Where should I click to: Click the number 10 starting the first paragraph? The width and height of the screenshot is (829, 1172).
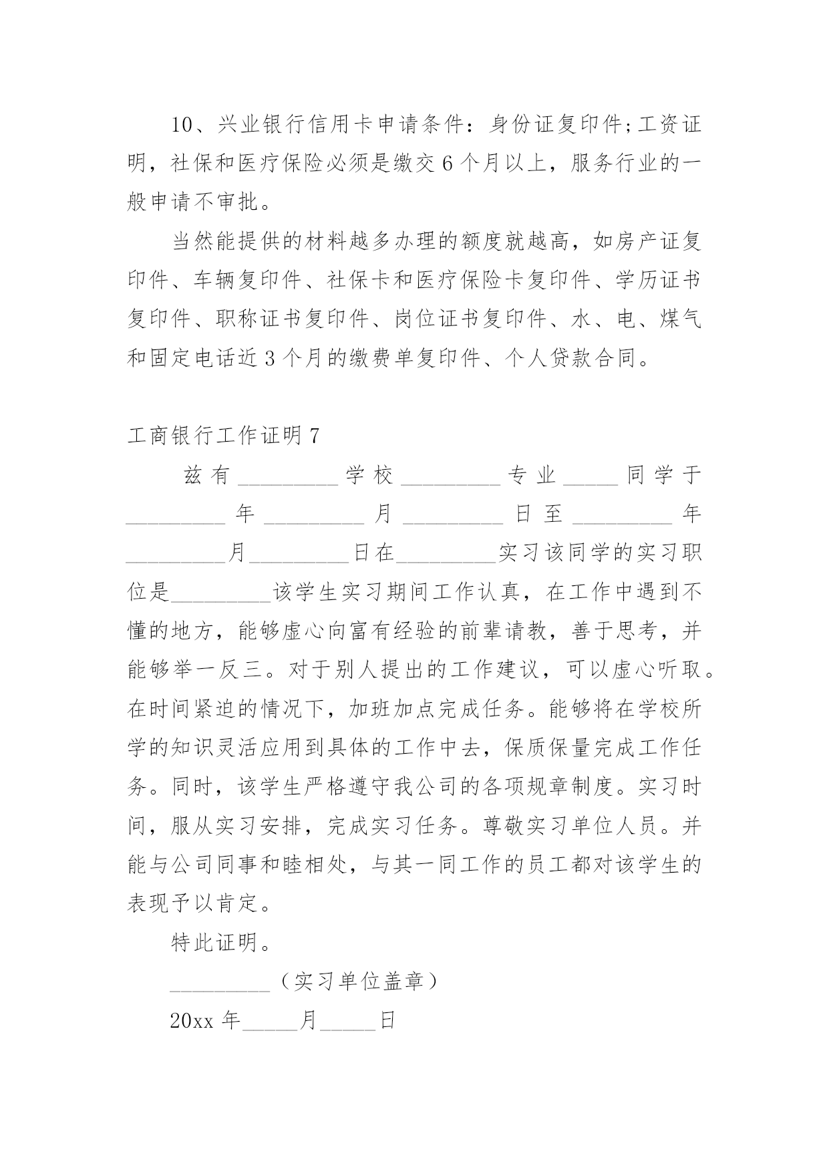(182, 125)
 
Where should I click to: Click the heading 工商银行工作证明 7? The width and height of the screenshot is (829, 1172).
(223, 436)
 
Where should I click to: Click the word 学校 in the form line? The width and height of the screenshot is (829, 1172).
(369, 476)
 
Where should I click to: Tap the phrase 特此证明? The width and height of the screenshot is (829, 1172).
(215, 943)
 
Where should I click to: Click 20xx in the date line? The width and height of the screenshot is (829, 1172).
(190, 1021)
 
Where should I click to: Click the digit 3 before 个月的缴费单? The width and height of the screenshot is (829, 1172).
(271, 359)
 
